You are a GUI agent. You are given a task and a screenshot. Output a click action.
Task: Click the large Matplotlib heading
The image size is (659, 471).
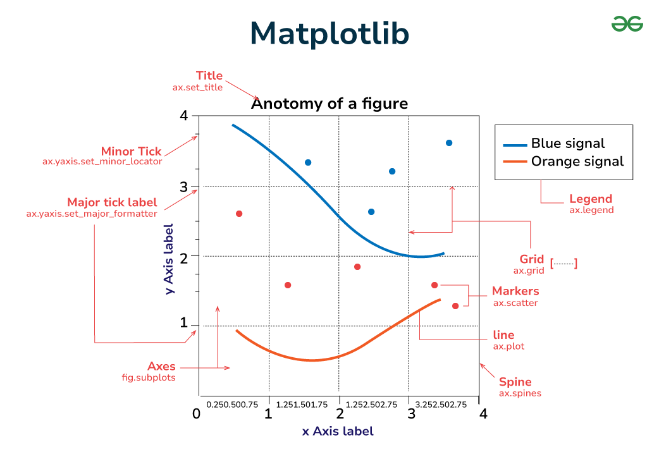click(329, 34)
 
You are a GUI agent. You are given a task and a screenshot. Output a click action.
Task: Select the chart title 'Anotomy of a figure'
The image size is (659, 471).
click(329, 104)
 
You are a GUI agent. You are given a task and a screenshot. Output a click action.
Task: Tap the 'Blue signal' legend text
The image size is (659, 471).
click(568, 144)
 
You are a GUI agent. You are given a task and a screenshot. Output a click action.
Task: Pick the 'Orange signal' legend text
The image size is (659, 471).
click(577, 161)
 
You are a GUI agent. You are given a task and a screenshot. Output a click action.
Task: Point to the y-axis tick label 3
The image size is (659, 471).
click(184, 187)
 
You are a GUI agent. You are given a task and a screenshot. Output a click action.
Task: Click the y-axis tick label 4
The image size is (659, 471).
click(184, 116)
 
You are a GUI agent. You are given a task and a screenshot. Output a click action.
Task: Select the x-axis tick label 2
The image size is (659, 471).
click(340, 414)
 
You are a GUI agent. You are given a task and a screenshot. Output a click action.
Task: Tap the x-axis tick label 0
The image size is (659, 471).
click(197, 414)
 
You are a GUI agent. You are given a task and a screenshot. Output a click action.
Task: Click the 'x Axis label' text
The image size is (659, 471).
click(338, 431)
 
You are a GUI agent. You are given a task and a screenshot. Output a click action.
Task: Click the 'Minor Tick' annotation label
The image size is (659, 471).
click(131, 152)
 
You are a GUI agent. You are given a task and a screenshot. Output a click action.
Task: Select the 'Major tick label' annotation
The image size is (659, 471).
click(112, 202)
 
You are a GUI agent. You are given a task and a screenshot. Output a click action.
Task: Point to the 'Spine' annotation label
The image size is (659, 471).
click(515, 382)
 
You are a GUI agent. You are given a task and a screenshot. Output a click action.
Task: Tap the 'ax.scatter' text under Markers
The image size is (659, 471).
click(515, 303)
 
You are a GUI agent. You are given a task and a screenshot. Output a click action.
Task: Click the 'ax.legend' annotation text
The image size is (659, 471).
click(591, 210)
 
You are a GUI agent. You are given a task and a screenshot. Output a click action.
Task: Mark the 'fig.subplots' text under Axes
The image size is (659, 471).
click(149, 377)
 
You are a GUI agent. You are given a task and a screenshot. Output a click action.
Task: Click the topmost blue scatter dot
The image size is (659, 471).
click(449, 143)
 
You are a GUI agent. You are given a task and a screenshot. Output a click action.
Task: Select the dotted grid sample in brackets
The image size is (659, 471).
click(564, 263)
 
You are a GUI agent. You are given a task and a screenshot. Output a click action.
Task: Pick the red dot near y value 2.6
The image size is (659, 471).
click(239, 214)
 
